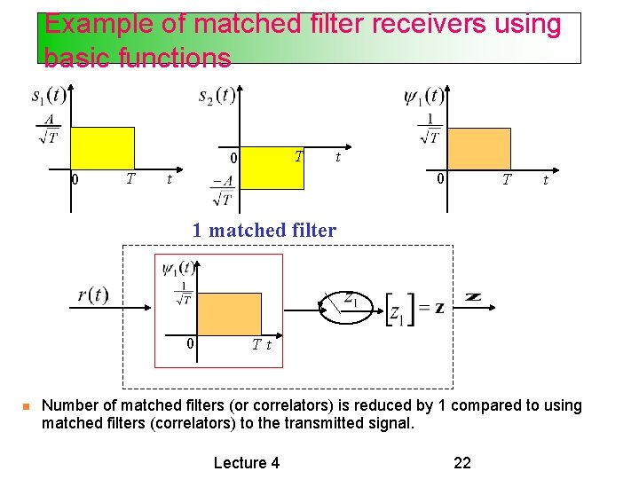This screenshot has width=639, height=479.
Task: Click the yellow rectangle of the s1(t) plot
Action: pos(102,147)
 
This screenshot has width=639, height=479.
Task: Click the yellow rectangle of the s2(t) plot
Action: pos(272,169)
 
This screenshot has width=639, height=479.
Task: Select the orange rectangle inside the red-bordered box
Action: pos(229,312)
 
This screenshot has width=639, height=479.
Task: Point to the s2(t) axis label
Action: pos(217,95)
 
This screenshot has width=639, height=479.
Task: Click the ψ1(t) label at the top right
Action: pos(423,96)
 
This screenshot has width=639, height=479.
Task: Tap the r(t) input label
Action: pos(92,295)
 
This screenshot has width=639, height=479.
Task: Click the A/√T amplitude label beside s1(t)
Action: pos(48,128)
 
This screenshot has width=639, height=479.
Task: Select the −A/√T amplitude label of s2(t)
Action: pos(221,191)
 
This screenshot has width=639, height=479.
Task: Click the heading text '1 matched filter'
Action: pos(264,231)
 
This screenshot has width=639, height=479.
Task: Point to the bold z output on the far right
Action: pos(473,296)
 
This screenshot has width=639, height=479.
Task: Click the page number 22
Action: pos(462,462)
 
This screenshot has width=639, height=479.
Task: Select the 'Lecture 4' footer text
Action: pos(247,462)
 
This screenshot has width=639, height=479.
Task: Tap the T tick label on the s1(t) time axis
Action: pos(130,178)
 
